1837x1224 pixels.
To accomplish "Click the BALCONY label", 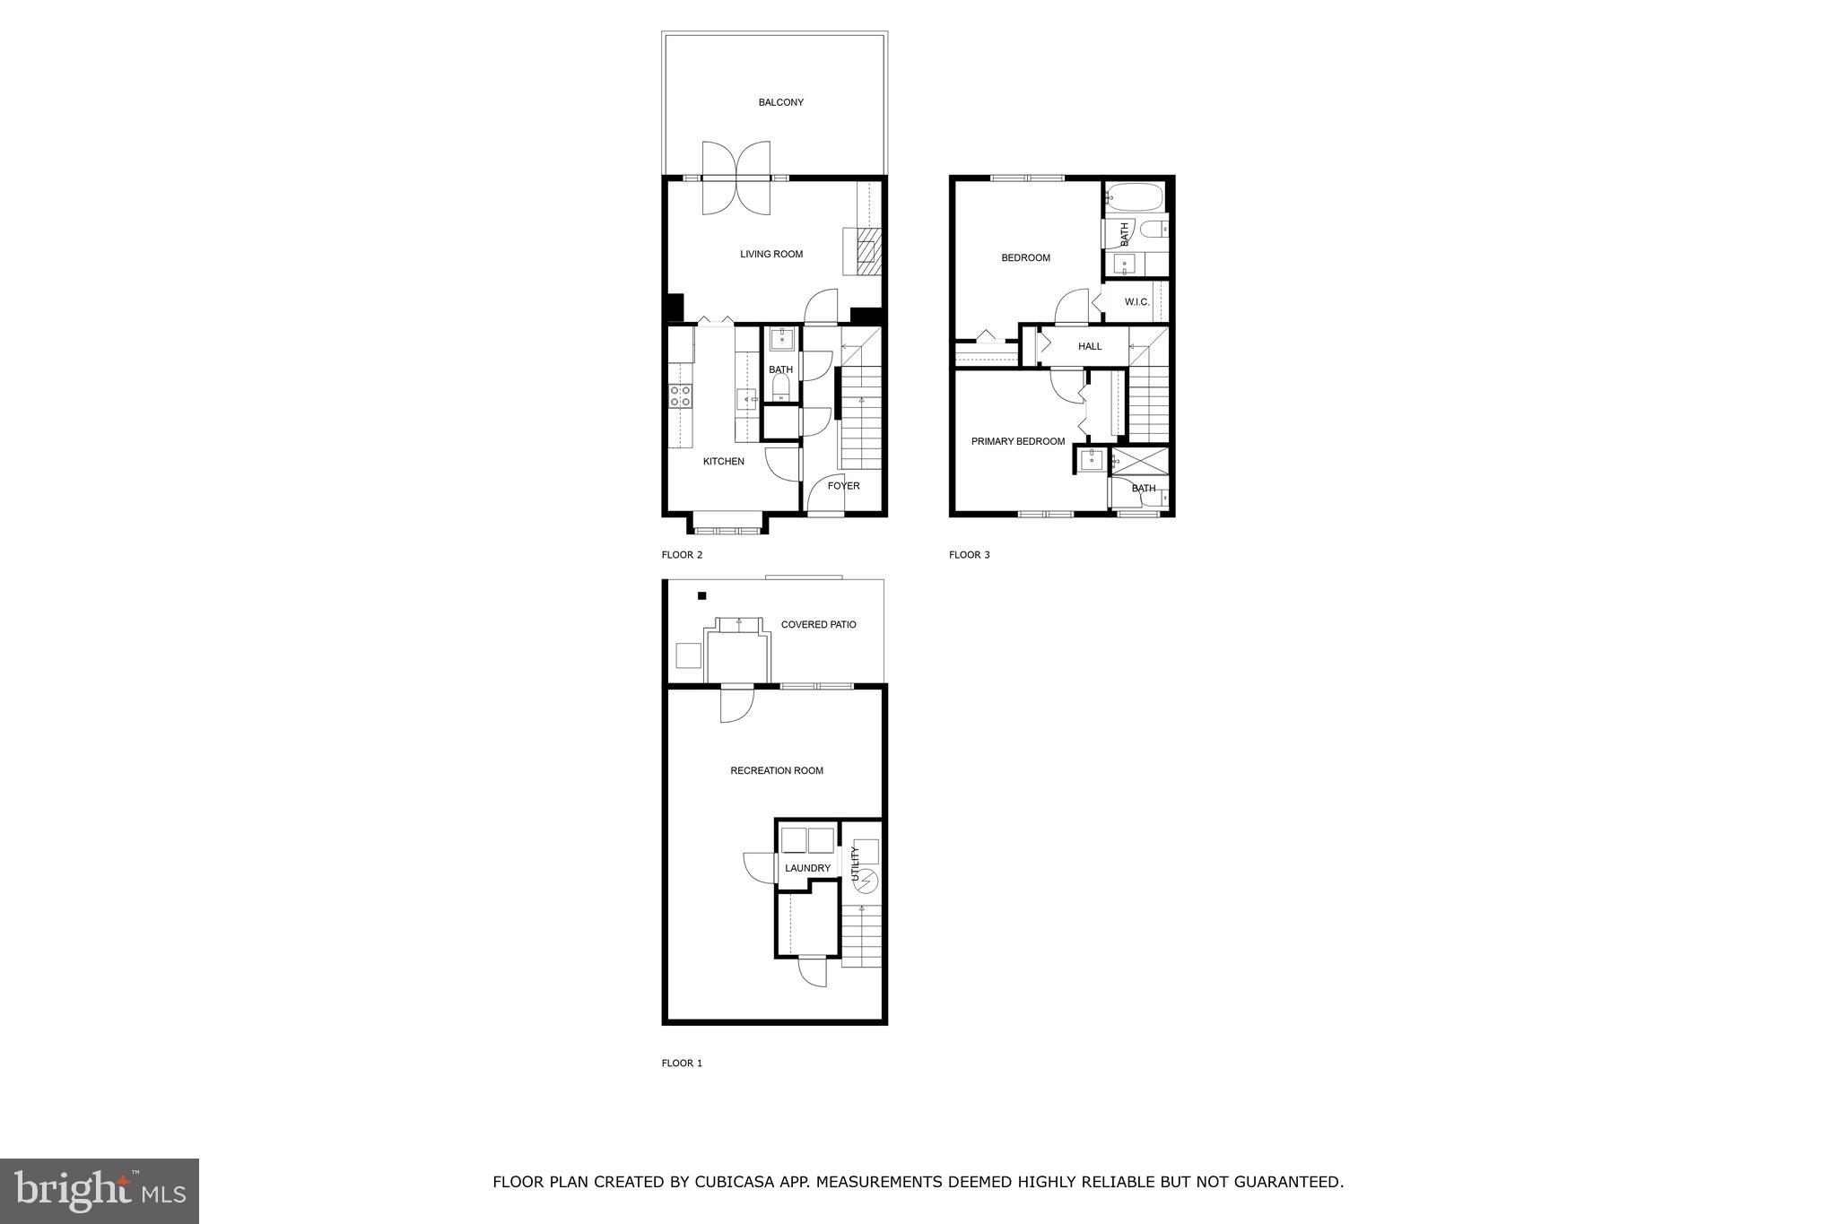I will point(780,102).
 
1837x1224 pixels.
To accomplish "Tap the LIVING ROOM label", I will point(770,254).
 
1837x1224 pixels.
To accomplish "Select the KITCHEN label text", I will point(723,462).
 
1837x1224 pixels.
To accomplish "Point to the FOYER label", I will point(843,486).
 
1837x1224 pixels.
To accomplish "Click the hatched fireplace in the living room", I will point(866,252).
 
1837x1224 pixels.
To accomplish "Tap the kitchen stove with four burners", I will point(681,395).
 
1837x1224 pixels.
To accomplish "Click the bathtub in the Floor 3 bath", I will point(1134,196).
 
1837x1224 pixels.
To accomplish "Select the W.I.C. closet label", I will point(1136,302).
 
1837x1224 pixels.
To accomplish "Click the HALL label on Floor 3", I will point(1090,346).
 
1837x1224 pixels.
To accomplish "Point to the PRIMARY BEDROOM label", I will point(1018,441).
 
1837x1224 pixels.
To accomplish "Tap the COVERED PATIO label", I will point(818,624).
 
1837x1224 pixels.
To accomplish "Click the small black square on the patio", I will point(701,595).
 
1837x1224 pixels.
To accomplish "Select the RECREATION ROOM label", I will point(776,770).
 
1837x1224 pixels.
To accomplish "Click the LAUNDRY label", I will point(807,868).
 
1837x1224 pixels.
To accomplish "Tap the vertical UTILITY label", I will point(855,863).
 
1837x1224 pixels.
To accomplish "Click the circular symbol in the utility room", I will point(866,881).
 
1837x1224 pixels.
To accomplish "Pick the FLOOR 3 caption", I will point(969,555).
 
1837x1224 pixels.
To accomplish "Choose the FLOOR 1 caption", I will point(682,1063).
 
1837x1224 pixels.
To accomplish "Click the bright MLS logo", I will point(100,1191).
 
